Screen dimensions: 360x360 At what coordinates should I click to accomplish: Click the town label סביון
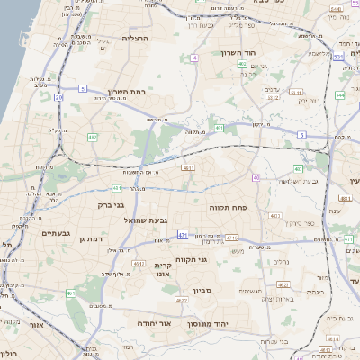tap(201, 291)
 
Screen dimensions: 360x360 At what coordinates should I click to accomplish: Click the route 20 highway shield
tap(58, 95)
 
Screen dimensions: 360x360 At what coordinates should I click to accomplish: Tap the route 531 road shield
tap(337, 57)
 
